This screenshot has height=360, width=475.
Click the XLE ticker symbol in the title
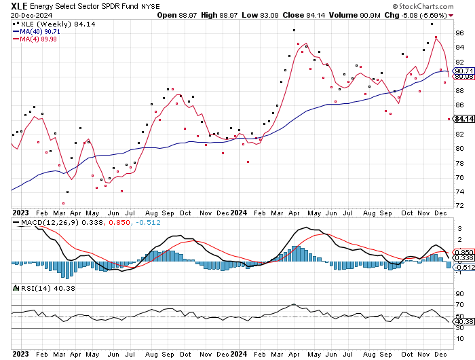click(19, 5)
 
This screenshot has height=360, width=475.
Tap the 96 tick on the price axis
click(459, 33)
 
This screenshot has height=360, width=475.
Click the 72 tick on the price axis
click(459, 205)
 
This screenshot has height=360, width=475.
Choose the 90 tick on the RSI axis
click(459, 293)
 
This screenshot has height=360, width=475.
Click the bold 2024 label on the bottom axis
click(238, 353)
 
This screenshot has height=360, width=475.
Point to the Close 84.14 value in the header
click(303, 14)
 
